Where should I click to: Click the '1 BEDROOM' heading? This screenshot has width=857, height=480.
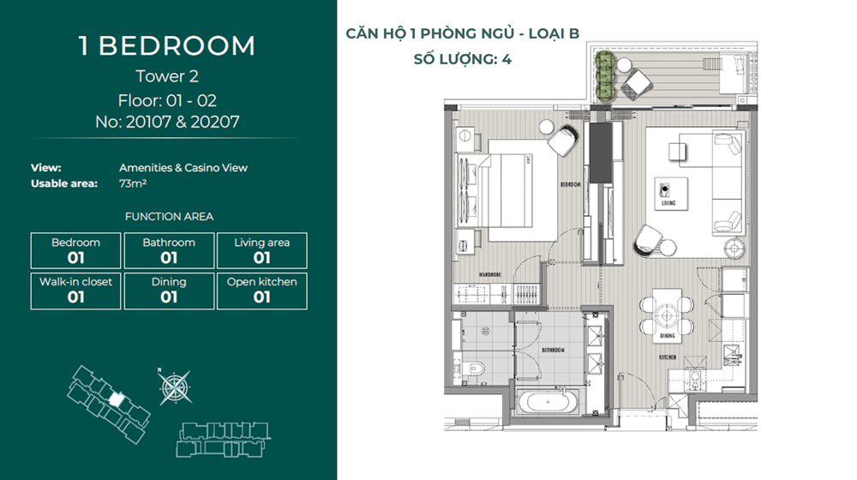click(167, 46)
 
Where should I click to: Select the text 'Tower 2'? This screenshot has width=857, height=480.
click(167, 76)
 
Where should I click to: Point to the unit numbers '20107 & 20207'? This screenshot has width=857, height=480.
click(183, 122)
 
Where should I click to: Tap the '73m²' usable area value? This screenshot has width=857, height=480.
click(133, 183)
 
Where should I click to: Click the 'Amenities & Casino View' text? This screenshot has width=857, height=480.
click(183, 168)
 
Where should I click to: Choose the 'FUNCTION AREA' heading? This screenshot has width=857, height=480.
click(169, 217)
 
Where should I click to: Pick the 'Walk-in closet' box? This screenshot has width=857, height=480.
click(76, 291)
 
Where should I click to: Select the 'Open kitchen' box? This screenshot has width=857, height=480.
click(261, 291)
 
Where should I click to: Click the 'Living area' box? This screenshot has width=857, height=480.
click(261, 251)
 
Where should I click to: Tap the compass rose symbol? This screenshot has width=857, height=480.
click(174, 387)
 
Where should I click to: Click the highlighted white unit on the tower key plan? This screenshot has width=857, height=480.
click(116, 399)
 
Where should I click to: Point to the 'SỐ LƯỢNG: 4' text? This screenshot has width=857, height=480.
click(463, 59)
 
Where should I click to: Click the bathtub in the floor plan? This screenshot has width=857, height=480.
click(548, 403)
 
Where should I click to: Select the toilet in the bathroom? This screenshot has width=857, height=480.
click(474, 368)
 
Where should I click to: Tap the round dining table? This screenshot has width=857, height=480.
click(667, 315)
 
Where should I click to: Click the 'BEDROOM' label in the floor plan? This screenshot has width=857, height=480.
click(570, 185)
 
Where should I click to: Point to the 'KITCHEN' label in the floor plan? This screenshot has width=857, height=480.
click(668, 357)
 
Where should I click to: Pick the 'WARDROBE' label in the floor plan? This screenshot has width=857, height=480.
click(489, 274)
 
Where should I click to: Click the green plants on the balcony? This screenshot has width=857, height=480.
click(605, 75)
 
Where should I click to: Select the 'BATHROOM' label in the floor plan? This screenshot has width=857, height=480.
click(553, 350)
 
